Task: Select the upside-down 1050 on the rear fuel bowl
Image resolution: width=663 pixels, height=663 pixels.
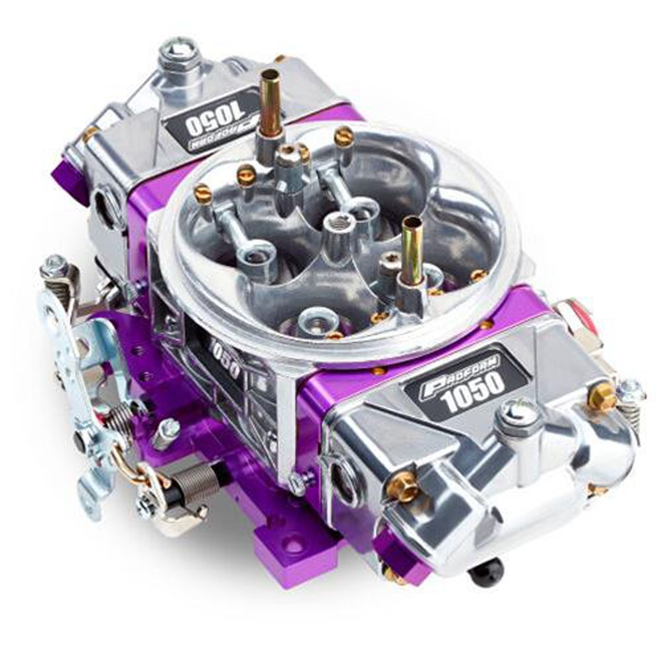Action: (x=214, y=113)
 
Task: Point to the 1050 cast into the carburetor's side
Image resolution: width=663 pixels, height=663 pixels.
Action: (x=225, y=358)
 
